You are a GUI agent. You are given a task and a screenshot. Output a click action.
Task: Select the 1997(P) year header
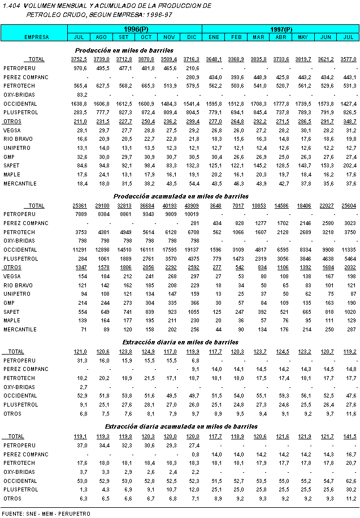coord(281,28)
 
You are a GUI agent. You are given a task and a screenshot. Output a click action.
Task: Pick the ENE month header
coord(214,37)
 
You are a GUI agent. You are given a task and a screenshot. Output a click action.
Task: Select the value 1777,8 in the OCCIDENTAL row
coord(281,104)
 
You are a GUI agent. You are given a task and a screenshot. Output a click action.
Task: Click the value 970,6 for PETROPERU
coord(79,68)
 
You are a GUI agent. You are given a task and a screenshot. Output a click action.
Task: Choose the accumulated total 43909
coord(192,206)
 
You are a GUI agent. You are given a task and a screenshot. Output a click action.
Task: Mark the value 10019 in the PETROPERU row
coord(192,215)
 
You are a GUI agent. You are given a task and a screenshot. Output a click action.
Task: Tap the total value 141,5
coord(348,436)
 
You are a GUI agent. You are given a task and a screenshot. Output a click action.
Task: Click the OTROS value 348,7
coord(348,122)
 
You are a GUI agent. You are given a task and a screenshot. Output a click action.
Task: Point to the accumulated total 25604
coord(348,206)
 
